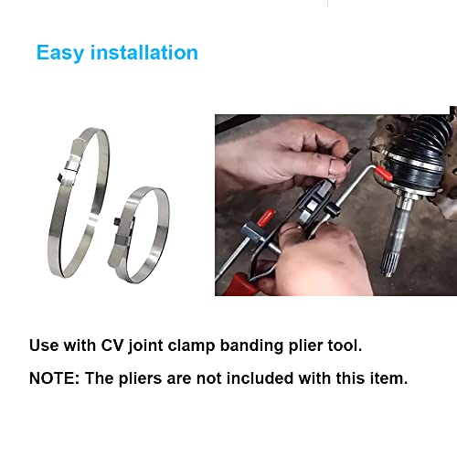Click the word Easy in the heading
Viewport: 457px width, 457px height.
[x=61, y=52]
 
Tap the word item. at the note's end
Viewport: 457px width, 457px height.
[x=388, y=377]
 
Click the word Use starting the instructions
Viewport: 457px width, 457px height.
[x=44, y=346]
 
